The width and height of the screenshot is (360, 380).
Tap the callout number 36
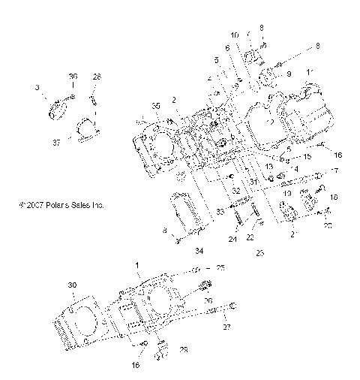[73, 77]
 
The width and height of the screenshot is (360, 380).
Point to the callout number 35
[156, 105]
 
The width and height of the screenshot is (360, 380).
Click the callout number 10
[235, 35]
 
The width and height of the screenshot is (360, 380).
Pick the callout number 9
[288, 74]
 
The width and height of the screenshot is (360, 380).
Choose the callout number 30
[72, 285]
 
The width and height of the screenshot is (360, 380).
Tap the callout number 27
[225, 327]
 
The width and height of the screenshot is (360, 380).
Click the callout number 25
[220, 268]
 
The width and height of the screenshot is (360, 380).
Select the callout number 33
[220, 213]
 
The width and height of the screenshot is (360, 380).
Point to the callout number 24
[232, 239]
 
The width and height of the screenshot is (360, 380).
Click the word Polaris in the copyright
[58, 204]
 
